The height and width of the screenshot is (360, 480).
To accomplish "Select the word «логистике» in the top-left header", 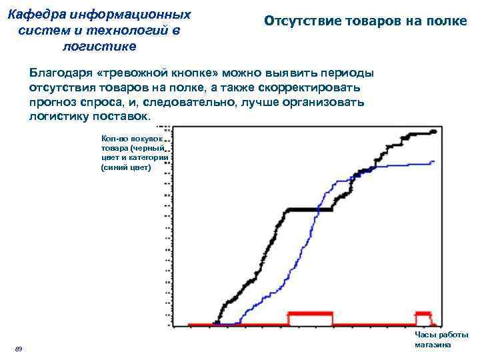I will coord(99,47).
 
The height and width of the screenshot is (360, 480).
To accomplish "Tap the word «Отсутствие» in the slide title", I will coord(303,21).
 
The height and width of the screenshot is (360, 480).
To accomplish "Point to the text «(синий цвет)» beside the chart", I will coord(126,168).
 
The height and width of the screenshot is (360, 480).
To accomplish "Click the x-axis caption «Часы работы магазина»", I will coord(441,340).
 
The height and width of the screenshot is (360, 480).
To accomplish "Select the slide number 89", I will coord(19,349).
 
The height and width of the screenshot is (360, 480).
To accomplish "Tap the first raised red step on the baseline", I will coord(309,313).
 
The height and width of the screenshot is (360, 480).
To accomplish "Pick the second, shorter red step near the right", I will coord(422,313).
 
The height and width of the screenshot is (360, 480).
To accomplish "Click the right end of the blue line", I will coord(433,161).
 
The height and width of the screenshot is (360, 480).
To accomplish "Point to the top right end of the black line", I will coord(434,132).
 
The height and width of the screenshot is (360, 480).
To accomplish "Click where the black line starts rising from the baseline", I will coord(217,323).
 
